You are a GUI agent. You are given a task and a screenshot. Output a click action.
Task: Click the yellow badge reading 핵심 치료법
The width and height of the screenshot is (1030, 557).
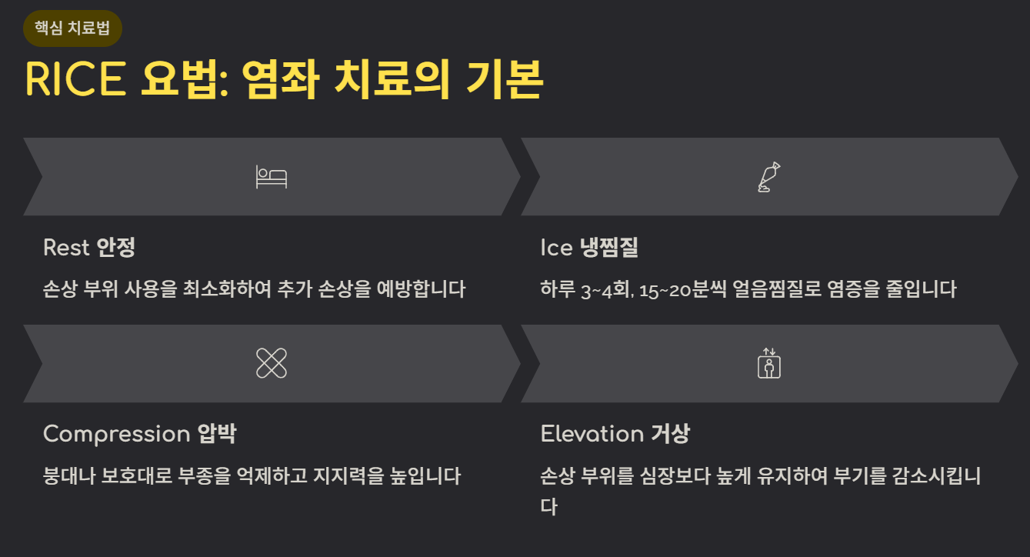coord(73,28)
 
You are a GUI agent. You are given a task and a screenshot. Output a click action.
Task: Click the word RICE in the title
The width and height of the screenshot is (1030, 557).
coord(75,78)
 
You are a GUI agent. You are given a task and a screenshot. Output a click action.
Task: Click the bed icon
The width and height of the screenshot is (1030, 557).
coord(271,177)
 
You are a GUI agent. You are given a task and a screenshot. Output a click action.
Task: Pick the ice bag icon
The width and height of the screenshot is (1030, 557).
coord(768,177)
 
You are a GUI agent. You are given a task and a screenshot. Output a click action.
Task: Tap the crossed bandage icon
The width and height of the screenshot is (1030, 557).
coord(271,363)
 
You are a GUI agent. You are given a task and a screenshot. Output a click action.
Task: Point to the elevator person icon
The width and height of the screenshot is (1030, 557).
coord(768,363)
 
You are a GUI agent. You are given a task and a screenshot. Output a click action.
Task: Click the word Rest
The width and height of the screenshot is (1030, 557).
coord(66,248)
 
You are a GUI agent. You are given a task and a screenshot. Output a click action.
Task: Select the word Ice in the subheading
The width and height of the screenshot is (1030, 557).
coord(556,248)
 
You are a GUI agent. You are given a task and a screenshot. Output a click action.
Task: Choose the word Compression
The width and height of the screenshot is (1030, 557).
coord(116,434)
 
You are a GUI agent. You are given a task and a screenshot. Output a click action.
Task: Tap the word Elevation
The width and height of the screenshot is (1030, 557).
coord(592,434)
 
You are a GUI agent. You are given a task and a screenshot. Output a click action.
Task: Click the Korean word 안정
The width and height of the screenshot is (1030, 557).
coord(116,248)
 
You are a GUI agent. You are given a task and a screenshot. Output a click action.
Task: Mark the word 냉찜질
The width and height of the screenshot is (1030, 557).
coord(610,248)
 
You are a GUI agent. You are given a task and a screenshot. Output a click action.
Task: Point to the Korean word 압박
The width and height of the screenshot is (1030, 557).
coord(217,434)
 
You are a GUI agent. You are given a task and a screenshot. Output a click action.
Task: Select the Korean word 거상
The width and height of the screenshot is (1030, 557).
coord(670,434)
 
